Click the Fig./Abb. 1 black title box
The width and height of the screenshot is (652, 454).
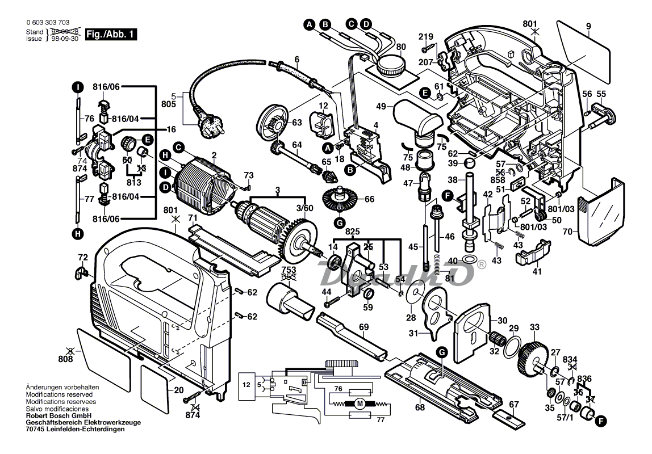(111, 35)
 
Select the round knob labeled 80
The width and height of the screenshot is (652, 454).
(392, 63)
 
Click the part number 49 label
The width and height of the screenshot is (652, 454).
(381, 106)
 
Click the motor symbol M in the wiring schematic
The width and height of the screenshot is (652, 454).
(359, 404)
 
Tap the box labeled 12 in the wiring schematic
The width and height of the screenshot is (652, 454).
(246, 384)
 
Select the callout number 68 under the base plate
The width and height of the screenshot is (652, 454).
(419, 406)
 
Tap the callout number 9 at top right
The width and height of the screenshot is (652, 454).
(588, 26)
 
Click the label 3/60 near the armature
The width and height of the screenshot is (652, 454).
(304, 208)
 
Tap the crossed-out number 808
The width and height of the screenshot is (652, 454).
(66, 359)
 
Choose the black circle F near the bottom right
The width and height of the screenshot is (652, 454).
(601, 421)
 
